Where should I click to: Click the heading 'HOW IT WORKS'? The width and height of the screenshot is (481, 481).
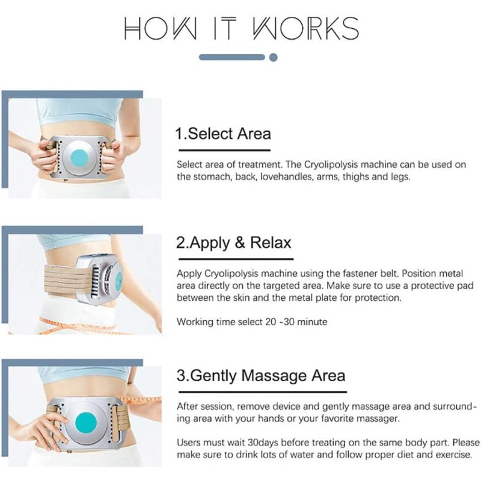[x=240, y=28]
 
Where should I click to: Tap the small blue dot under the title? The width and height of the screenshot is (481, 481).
[x=274, y=58]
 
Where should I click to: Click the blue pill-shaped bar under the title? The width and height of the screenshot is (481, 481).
[x=232, y=58]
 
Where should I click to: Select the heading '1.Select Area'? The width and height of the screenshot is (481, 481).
[x=222, y=133]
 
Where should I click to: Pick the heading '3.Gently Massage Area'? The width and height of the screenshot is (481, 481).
[x=260, y=376]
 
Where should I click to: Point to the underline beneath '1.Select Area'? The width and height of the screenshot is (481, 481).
[x=222, y=150]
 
